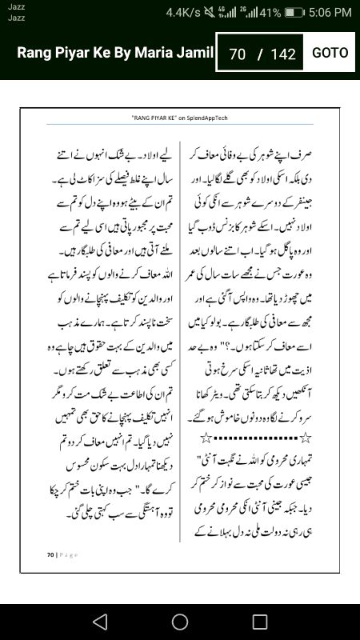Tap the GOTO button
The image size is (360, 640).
pos(330,53)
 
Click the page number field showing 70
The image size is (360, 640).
pos(237,54)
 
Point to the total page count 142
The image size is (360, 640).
pos(283,54)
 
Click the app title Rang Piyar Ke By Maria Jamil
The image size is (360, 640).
pos(115,53)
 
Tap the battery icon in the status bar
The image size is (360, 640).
pos(301,12)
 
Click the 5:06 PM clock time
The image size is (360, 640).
pos(330,12)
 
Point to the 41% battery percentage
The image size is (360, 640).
pos(278,12)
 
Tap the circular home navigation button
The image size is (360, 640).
pos(180,622)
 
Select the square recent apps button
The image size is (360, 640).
pos(260,622)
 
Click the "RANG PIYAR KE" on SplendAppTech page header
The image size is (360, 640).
pos(180,117)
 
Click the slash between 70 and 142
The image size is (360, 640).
pos(260,54)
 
